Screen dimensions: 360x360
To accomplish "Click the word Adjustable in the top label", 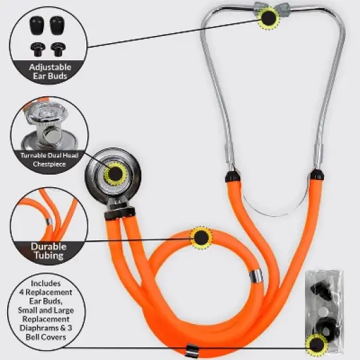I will click(x=41, y=67).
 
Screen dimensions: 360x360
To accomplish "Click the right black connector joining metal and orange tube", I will click(x=317, y=175).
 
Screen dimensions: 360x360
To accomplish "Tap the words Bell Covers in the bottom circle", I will click(x=41, y=338).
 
